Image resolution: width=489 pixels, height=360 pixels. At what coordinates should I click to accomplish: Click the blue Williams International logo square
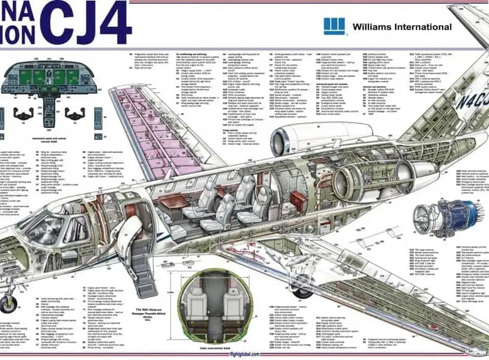point(334,26)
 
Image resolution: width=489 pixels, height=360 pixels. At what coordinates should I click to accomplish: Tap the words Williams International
point(402,27)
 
